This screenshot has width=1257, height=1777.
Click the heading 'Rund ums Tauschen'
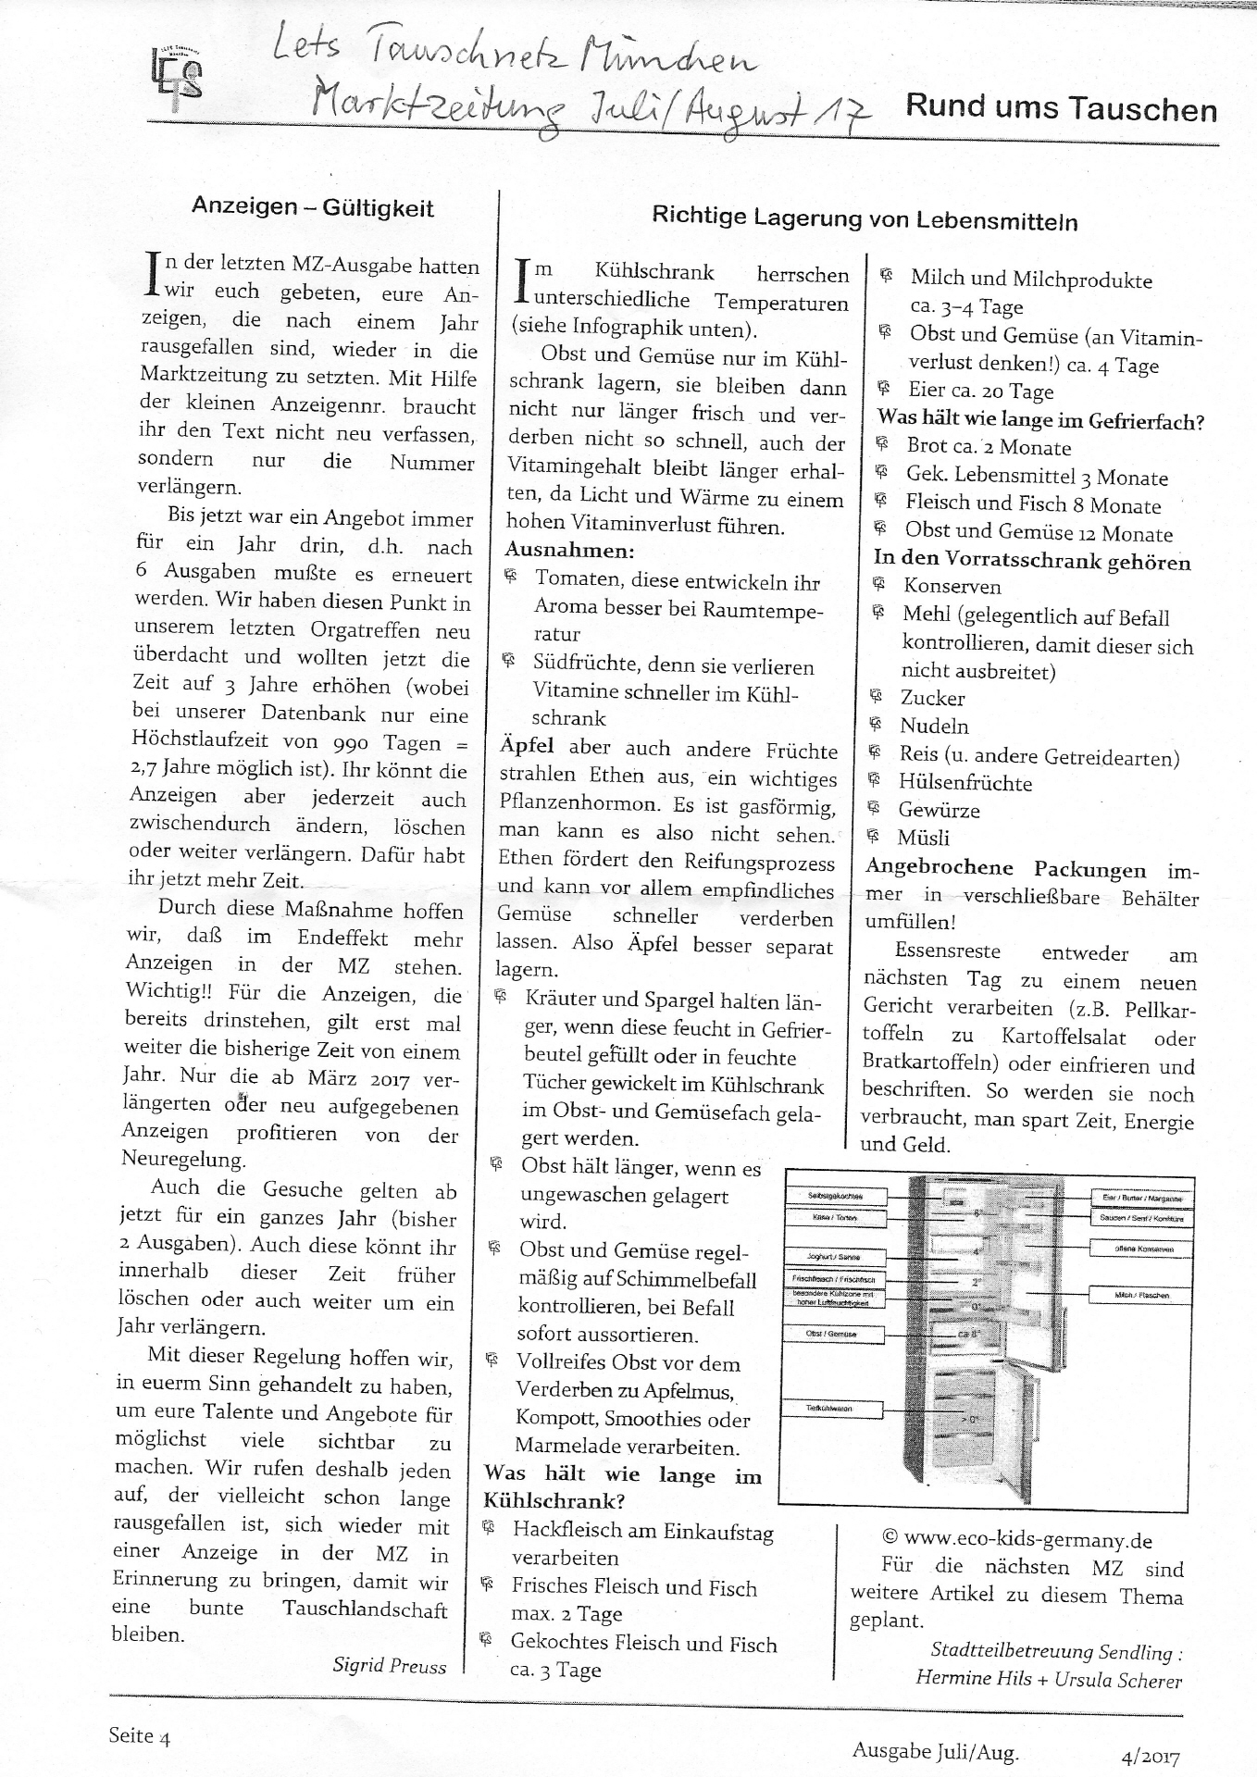(x=1061, y=108)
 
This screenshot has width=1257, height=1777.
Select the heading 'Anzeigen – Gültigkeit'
(x=312, y=206)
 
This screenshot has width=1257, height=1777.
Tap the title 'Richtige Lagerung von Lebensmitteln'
(x=865, y=220)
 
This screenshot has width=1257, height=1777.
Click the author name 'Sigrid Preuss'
(x=389, y=1666)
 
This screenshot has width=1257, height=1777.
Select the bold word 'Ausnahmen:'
(x=569, y=551)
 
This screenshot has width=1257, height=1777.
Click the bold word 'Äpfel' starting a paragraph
(x=529, y=748)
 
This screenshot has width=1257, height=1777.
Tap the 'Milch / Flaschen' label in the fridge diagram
(x=1141, y=1296)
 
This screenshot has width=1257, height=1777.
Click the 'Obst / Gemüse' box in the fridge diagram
(x=833, y=1335)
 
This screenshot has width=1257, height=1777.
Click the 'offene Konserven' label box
(x=1143, y=1249)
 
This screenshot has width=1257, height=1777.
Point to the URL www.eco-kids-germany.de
(x=1027, y=1540)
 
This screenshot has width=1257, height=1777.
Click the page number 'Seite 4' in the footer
(x=139, y=1736)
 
